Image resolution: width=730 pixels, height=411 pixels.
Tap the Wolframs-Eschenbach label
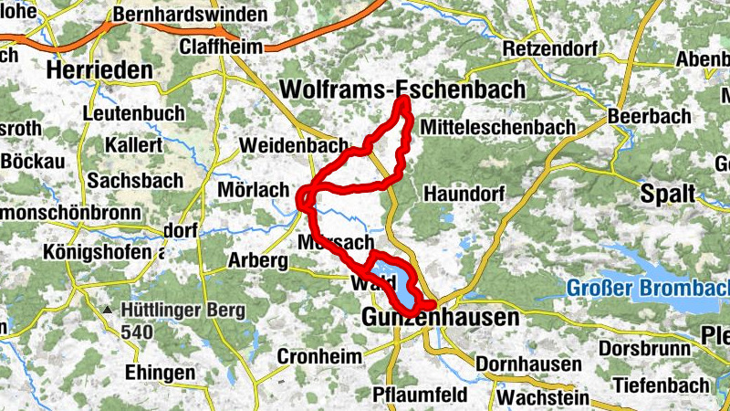point(404,89)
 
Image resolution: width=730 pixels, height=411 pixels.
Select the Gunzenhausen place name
point(440,318)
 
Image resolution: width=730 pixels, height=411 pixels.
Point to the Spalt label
point(668,194)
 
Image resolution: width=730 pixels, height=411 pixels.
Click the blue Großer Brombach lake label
point(648,288)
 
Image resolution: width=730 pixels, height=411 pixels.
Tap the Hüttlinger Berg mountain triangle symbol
point(108,311)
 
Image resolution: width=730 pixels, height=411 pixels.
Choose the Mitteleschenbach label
point(497,127)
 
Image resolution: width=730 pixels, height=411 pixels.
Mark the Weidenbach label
point(294,145)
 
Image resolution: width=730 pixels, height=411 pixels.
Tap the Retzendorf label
point(542,47)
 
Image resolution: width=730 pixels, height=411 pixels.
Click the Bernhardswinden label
point(191,16)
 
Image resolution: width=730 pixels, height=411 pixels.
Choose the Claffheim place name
point(220,47)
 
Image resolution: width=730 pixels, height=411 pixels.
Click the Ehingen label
point(161,374)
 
